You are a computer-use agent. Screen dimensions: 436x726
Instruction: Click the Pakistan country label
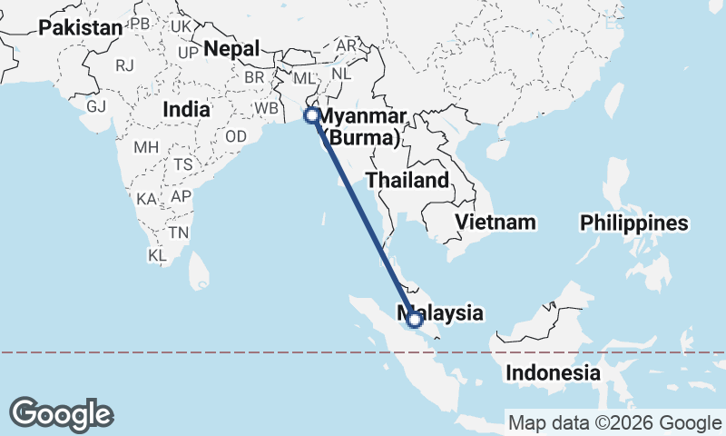click(80, 28)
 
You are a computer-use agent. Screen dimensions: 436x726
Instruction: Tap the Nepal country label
click(232, 48)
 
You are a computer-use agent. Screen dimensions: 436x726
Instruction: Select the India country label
click(186, 109)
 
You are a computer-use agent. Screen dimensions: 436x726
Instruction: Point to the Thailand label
click(407, 180)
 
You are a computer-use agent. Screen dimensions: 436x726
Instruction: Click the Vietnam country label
click(495, 222)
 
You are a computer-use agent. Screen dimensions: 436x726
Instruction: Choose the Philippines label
click(634, 223)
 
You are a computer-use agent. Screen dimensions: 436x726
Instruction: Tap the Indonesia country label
click(553, 372)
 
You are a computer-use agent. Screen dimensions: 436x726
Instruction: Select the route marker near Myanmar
click(311, 115)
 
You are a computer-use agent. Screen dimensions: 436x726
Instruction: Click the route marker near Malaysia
click(415, 320)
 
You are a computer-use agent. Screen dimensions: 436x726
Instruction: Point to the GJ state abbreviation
click(96, 106)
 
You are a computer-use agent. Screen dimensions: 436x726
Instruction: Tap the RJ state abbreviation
click(124, 65)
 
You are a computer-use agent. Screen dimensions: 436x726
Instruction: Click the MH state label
click(146, 147)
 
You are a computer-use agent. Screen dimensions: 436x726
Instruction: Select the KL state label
click(158, 256)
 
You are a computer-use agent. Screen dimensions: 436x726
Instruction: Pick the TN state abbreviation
click(178, 233)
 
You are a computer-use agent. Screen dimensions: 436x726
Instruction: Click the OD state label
click(236, 136)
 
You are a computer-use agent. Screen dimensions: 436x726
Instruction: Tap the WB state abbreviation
click(267, 108)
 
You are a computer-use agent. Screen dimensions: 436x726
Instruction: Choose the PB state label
click(140, 23)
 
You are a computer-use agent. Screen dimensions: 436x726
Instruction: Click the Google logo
click(61, 413)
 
